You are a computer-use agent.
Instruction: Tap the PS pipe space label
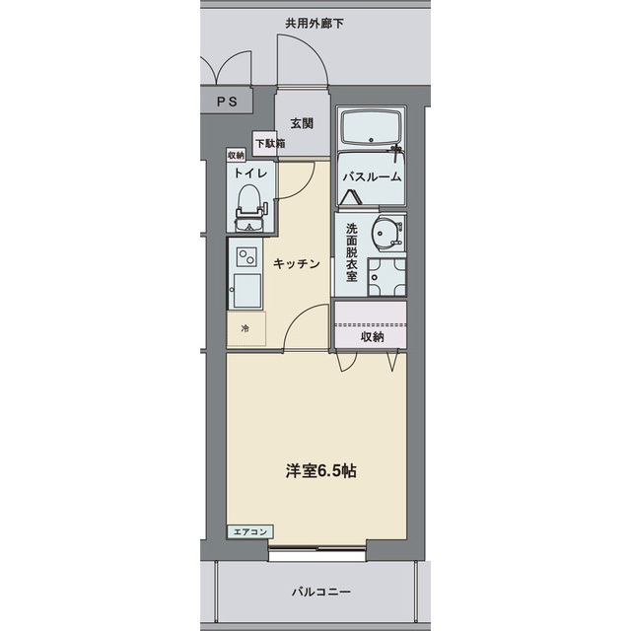pyautogui.click(x=226, y=101)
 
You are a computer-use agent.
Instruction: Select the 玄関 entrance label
pyautogui.click(x=302, y=123)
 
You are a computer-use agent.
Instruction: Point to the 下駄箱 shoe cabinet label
pyautogui.click(x=270, y=144)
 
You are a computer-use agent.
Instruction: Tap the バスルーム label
pyautogui.click(x=372, y=177)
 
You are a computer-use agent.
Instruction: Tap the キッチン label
pyautogui.click(x=296, y=263)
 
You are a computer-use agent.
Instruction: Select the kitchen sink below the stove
pyautogui.click(x=245, y=290)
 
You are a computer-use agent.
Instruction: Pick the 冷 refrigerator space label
pyautogui.click(x=245, y=329)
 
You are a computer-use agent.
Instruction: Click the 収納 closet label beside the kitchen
pyautogui.click(x=371, y=337)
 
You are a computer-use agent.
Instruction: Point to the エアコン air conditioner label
pyautogui.click(x=250, y=532)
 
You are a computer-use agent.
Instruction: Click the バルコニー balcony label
pyautogui.click(x=320, y=593)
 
